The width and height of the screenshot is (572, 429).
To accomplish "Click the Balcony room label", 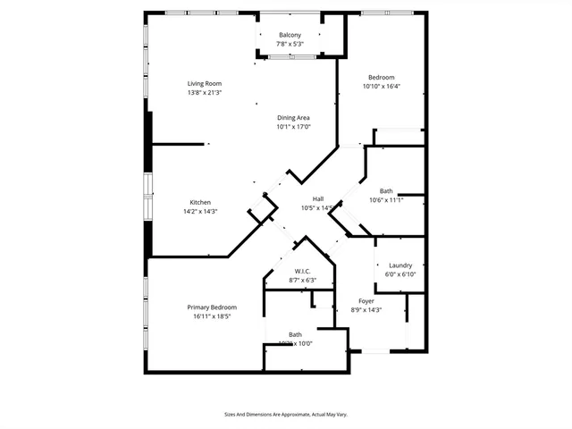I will coord(289,35).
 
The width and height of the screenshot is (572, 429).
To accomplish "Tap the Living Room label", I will coord(205,84).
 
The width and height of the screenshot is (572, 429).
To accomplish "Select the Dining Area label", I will coord(293,118).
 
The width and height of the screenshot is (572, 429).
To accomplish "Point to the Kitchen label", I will coord(200,202).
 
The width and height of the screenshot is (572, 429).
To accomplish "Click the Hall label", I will coord(317,199).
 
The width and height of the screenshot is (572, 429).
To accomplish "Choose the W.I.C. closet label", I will coord(301,271).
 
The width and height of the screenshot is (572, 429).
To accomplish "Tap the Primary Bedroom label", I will coord(212,307).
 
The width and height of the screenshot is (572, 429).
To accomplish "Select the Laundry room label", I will coord(400,265).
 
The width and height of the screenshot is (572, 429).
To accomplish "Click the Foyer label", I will coord(366,301).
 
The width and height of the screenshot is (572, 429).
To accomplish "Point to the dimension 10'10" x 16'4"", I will coord(382,87).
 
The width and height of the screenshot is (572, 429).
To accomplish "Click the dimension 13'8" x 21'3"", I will coord(205,93).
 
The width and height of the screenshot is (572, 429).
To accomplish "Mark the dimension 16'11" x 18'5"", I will coord(212,316).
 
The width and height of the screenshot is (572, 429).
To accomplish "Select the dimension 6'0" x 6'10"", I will coord(400,274).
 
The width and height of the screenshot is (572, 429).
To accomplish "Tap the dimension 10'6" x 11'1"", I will coord(386,200).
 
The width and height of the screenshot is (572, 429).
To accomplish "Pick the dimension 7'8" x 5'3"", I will coord(289,44).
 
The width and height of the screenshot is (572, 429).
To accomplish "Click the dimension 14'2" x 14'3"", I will coord(200,211).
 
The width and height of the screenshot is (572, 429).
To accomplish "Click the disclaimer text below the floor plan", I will coord(285,414).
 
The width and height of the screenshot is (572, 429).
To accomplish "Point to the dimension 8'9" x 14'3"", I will coord(366,310).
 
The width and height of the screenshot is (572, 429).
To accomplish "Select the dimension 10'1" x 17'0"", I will coord(293,127).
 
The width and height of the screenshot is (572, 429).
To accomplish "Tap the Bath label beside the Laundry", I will coord(386,190).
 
